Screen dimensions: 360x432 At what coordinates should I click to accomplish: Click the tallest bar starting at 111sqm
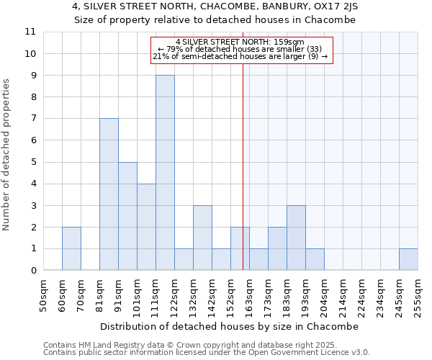[x=165, y=173]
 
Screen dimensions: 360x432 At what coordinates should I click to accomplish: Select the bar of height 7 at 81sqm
[x=109, y=194]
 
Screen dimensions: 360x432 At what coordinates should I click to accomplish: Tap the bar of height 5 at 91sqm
[x=127, y=216]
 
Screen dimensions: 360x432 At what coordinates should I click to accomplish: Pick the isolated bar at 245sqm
[x=408, y=259]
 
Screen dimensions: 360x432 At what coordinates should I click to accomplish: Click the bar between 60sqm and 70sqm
[x=71, y=248]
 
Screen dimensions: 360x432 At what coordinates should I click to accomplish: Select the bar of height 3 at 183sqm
[x=296, y=238]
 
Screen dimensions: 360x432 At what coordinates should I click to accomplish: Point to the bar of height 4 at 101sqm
[x=146, y=227]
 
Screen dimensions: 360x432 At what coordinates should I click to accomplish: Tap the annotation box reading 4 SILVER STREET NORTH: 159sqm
[x=242, y=50]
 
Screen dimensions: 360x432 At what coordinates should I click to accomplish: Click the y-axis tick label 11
[x=30, y=32]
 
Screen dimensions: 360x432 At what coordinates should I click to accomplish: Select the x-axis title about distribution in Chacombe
[x=229, y=326]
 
